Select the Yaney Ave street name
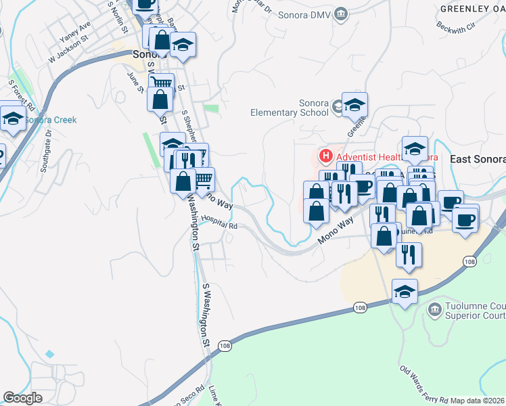(74, 32)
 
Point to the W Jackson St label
(68, 50)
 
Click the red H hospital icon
(326, 157)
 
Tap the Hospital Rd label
(220, 222)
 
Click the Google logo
(22, 398)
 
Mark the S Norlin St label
(117, 17)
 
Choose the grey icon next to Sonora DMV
(342, 13)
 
